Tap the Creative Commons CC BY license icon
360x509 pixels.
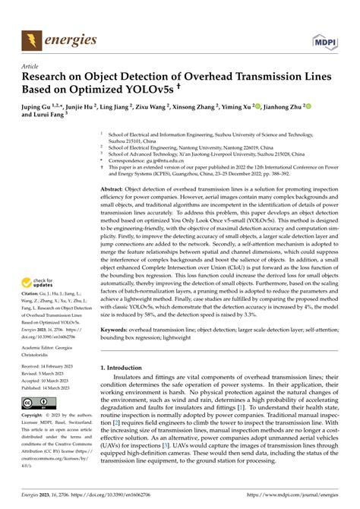pos(37,402)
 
